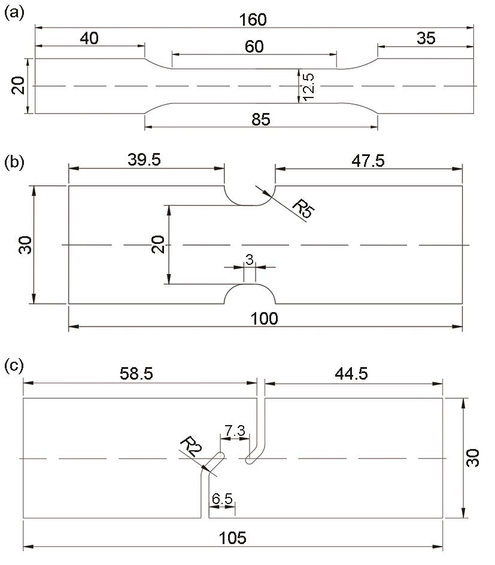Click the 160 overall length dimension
(x=253, y=20)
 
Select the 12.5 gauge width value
(x=309, y=87)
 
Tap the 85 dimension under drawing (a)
(x=261, y=119)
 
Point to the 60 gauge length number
(x=254, y=47)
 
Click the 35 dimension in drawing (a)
(x=426, y=38)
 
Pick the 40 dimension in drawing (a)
(x=89, y=38)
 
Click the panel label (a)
(x=14, y=13)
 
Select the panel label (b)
(x=14, y=163)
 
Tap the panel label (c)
(x=14, y=366)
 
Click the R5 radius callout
(x=303, y=209)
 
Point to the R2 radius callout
(x=191, y=446)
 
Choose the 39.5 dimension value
(x=144, y=160)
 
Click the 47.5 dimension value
(x=368, y=160)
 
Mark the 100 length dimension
(x=265, y=319)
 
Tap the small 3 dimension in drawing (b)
(x=250, y=259)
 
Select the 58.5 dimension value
(x=136, y=374)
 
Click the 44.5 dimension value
(x=351, y=374)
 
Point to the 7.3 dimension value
(x=235, y=430)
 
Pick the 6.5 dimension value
(x=222, y=499)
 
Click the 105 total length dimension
(x=233, y=538)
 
